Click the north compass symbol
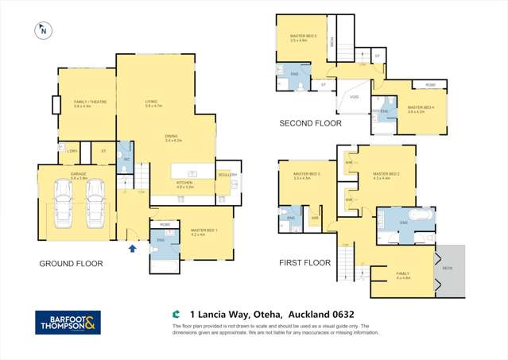pyautogui.click(x=41, y=31)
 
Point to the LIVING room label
pyautogui.click(x=150, y=101)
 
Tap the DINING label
pyautogui.click(x=171, y=136)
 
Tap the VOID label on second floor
pyautogui.click(x=353, y=98)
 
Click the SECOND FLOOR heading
pyautogui.click(x=310, y=123)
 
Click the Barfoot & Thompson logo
pyautogui.click(x=68, y=323)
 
